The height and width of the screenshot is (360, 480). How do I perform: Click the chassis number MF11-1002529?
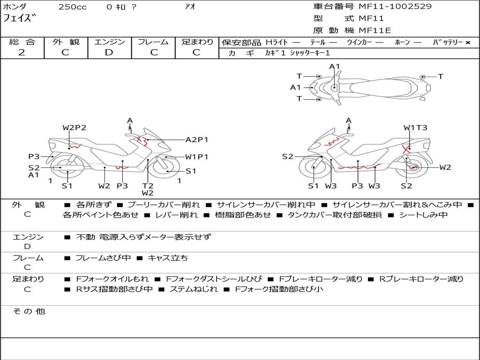(x=395, y=7)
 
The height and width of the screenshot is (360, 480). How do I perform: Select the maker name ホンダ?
(x=15, y=7)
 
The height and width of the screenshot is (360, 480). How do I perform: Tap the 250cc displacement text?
(x=72, y=7)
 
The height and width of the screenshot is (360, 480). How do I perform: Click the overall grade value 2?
(x=22, y=52)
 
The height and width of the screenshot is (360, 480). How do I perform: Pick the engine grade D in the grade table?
(x=109, y=52)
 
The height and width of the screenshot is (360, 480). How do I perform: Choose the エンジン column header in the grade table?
(x=109, y=42)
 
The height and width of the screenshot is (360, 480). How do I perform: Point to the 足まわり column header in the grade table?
(x=197, y=42)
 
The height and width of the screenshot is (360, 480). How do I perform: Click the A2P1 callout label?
(x=197, y=140)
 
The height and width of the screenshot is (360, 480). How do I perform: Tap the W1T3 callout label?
(x=415, y=128)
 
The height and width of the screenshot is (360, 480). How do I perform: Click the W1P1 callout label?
(x=197, y=157)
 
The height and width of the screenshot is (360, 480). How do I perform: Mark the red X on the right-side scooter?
(x=406, y=150)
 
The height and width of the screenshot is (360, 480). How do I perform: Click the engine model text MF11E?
(x=375, y=31)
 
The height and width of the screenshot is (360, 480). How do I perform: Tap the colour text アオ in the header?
(x=190, y=7)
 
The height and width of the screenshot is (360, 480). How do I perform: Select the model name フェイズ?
(x=20, y=19)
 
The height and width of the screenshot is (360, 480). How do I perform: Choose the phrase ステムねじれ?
(x=194, y=289)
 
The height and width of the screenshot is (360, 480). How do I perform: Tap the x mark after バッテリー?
(x=468, y=43)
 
